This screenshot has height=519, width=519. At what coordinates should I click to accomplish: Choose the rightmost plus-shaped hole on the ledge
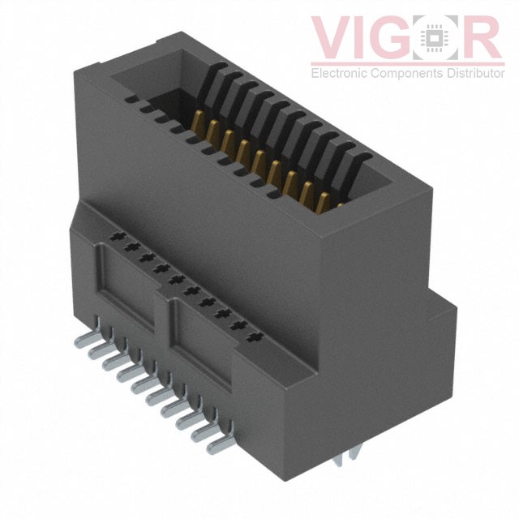tap(256, 335)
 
